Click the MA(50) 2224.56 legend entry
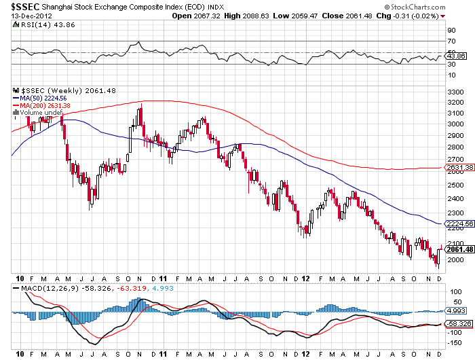tap(41, 98)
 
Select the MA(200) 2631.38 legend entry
tap(43, 105)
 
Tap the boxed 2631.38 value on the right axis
tap(457, 167)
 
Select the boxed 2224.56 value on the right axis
tap(457, 223)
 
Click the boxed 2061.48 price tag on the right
tap(457, 249)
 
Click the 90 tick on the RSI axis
tap(451, 31)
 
